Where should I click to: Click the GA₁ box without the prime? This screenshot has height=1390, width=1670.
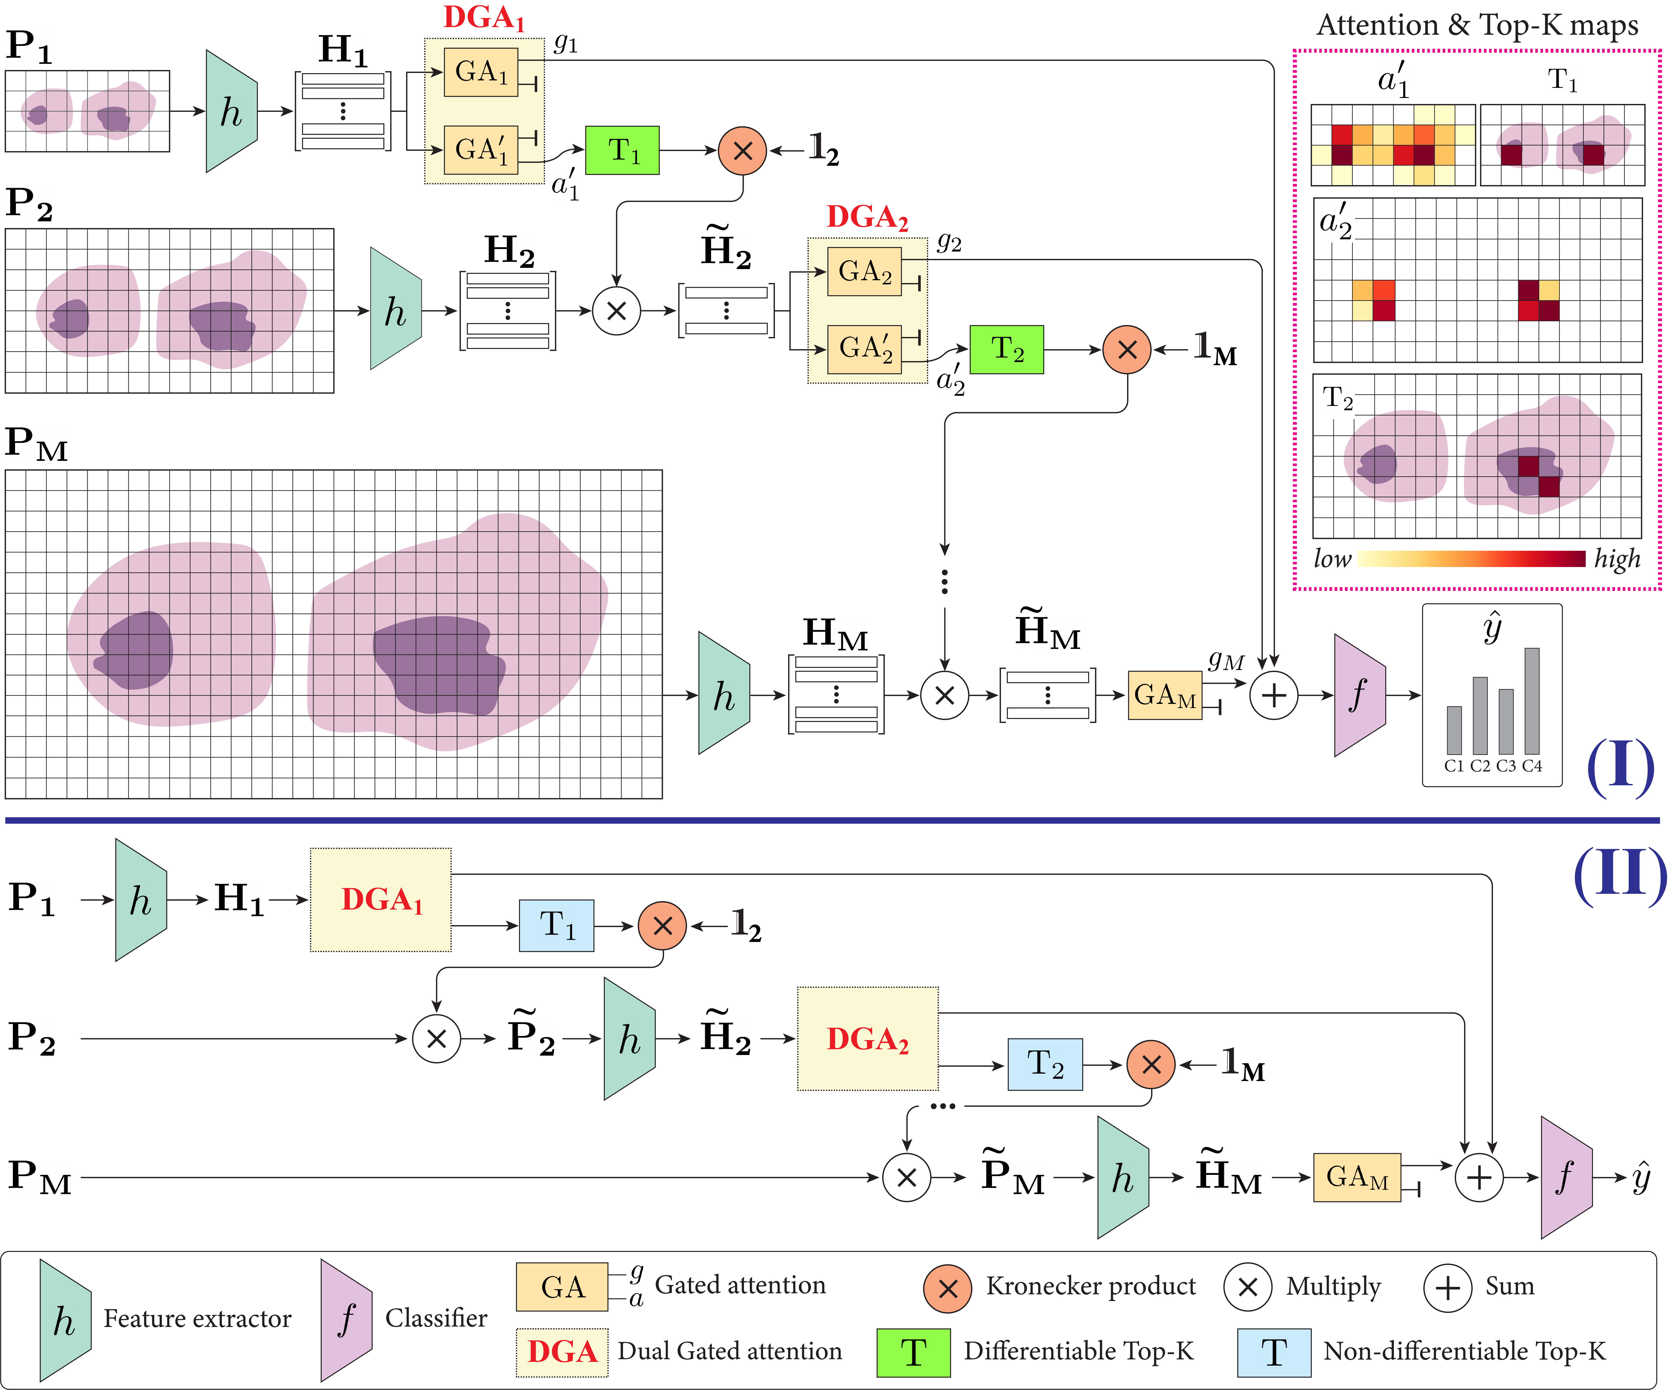(481, 72)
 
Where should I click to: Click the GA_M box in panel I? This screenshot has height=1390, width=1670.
(1164, 695)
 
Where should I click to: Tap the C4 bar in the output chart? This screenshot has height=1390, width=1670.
(1532, 700)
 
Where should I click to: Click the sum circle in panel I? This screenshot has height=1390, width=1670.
(1273, 695)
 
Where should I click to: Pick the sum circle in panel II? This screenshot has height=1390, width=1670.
(1478, 1178)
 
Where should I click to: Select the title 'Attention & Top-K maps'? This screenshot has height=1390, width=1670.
(1477, 25)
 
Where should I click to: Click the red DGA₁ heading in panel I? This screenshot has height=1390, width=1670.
(483, 18)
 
